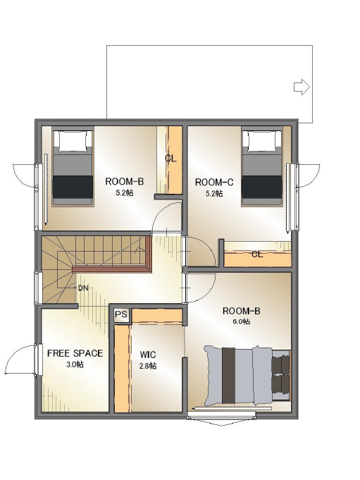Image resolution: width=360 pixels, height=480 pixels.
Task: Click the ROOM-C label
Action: click(x=213, y=183)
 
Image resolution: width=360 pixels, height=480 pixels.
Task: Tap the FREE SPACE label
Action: click(x=75, y=353)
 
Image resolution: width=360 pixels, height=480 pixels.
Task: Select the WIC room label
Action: click(x=148, y=355)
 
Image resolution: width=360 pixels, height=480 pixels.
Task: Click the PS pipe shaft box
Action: click(x=121, y=314)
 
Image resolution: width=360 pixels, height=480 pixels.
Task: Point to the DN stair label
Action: click(x=83, y=288)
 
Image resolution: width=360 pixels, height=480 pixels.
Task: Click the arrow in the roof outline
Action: click(x=302, y=87)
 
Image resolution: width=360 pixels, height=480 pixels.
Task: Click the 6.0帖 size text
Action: click(x=242, y=321)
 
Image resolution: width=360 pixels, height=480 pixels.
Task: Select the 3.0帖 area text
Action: click(x=75, y=364)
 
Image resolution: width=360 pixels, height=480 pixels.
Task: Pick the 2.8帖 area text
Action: click(x=148, y=366)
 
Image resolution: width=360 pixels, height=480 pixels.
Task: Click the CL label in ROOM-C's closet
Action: click(x=257, y=254)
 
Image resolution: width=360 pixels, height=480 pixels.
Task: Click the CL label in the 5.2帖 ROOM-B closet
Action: click(x=170, y=159)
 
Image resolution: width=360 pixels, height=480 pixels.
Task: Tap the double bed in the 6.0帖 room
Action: click(x=247, y=375)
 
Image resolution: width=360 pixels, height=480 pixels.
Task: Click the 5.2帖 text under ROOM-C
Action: click(x=214, y=193)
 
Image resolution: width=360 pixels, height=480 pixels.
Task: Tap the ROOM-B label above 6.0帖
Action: click(x=242, y=311)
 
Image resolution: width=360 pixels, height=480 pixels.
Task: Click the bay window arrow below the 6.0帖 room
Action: click(x=221, y=421)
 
